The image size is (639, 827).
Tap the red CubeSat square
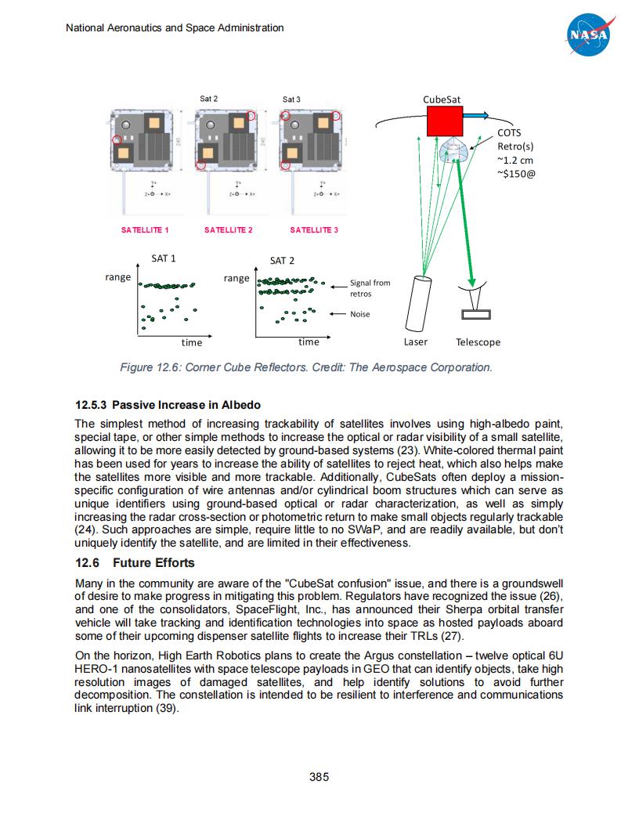[x=445, y=121]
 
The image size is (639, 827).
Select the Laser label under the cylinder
[x=416, y=342]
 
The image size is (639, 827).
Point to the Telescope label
[x=478, y=342]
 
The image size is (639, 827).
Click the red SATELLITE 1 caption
[x=145, y=230]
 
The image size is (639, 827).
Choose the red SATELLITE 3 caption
[x=314, y=230]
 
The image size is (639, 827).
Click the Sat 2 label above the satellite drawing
[x=208, y=99]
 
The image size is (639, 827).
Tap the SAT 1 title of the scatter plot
[x=163, y=258]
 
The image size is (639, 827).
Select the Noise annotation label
[x=360, y=314]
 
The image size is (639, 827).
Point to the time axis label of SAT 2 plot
[x=309, y=342]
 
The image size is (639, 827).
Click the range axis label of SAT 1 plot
[x=117, y=277]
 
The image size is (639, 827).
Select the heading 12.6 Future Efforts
[x=134, y=563]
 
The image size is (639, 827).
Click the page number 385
[x=319, y=777]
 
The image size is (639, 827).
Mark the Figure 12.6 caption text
[x=306, y=367]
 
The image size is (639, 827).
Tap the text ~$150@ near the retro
[x=517, y=174]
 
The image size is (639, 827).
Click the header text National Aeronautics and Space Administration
[x=174, y=28]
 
